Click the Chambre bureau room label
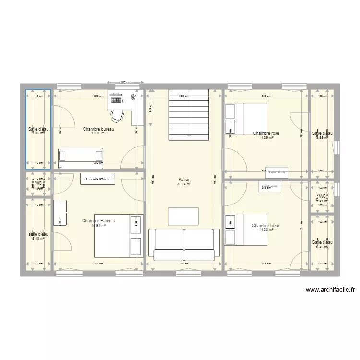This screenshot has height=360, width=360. click(x=98, y=129)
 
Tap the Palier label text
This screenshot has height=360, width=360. click(x=183, y=179)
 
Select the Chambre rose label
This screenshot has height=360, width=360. click(x=266, y=133)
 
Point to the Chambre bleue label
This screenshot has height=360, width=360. click(x=266, y=225)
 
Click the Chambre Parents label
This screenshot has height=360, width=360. click(x=98, y=221)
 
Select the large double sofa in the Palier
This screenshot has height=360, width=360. click(x=184, y=245)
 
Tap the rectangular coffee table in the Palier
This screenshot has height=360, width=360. click(x=183, y=216)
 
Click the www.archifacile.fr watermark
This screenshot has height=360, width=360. click(x=330, y=290)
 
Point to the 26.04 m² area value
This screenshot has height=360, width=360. click(x=183, y=184)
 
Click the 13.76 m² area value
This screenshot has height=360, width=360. click(x=98, y=134)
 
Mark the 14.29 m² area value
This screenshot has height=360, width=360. click(x=266, y=138)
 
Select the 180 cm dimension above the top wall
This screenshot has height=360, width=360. click(x=125, y=82)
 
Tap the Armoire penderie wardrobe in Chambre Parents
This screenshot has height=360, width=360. click(x=98, y=179)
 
